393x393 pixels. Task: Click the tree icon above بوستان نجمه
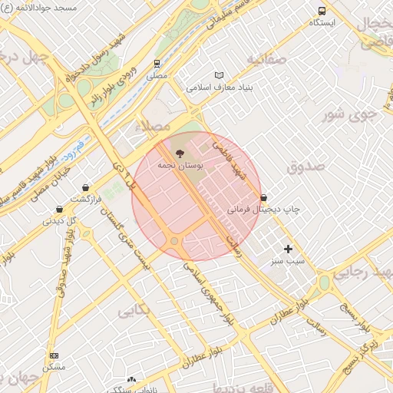pos(180,153)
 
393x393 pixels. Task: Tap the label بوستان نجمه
pos(180,165)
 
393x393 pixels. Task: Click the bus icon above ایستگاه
pos(322,11)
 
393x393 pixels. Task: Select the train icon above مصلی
pos(157,64)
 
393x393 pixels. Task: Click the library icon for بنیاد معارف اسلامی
pos(220,75)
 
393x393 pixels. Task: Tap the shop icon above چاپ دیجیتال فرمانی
pos(263,197)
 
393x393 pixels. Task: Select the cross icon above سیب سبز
pos(289,249)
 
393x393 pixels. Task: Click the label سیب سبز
pos(286,261)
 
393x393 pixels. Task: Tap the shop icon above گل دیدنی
pos(59,209)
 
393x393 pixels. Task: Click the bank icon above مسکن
pos(53,355)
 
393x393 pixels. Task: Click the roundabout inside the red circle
pos(175,242)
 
